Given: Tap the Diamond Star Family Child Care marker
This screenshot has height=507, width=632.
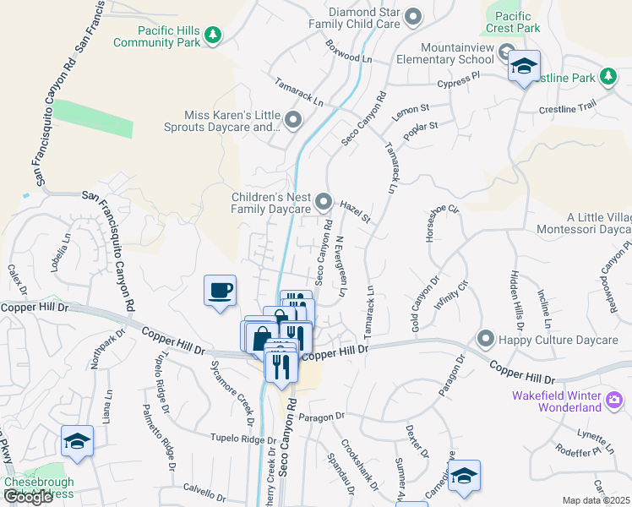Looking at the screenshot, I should coord(413,16).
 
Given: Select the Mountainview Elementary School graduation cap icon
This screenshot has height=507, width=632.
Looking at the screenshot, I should coord(524,67).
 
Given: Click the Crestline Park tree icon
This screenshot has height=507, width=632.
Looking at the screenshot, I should coord(607,78).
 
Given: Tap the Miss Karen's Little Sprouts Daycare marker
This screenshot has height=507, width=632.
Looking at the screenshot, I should coord(293,121).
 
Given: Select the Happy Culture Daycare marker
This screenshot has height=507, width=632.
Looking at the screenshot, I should coord(485,340).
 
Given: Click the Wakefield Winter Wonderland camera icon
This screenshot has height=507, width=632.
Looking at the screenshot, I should coord(615,398).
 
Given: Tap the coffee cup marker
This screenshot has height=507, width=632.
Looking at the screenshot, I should coord(221,291).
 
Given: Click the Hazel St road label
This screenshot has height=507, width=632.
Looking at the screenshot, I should coord(356,212).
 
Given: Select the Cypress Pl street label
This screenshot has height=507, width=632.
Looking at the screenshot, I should coord(458,79).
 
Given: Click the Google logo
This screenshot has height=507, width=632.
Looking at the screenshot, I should coord(28,497).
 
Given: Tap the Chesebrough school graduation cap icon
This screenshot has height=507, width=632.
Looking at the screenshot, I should coord(77,442).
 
